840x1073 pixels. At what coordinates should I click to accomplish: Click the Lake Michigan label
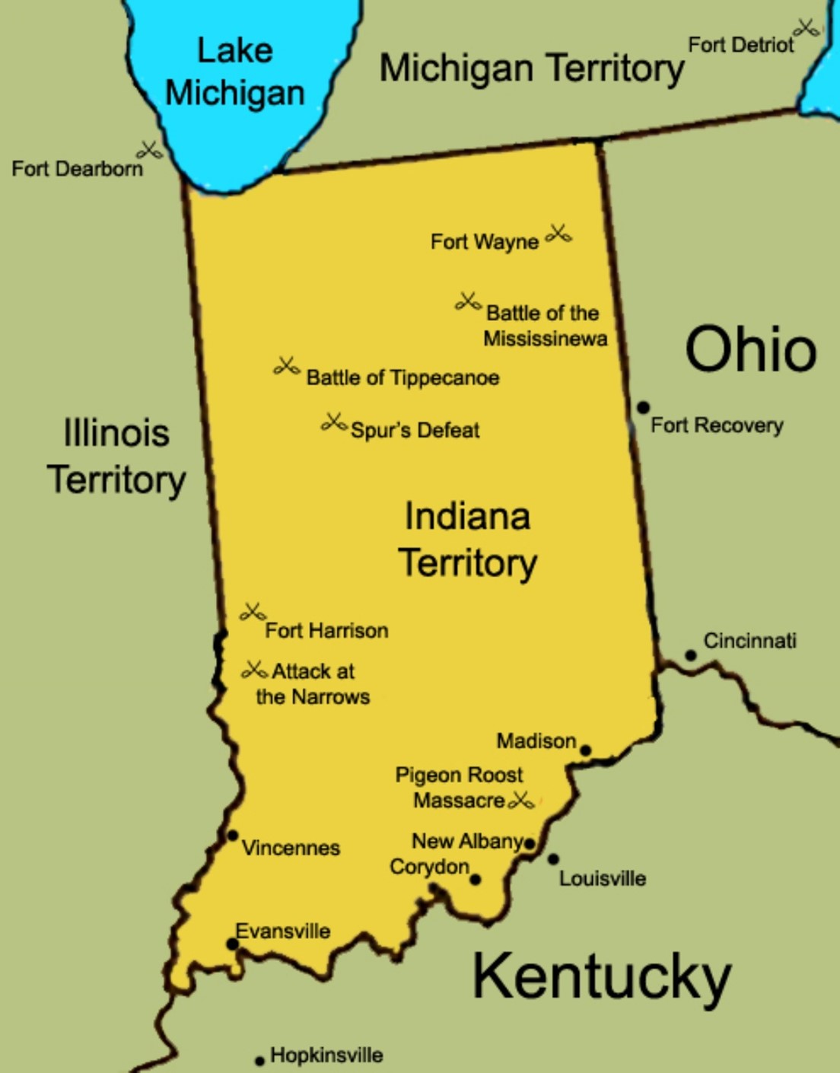click(x=235, y=72)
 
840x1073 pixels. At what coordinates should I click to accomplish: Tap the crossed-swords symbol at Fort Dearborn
click(x=150, y=150)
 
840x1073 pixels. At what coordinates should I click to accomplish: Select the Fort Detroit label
click(x=740, y=45)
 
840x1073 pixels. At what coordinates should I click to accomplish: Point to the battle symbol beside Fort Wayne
click(x=558, y=234)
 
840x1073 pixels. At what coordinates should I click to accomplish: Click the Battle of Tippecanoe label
click(x=402, y=377)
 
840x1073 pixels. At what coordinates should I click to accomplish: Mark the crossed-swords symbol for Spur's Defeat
click(x=334, y=422)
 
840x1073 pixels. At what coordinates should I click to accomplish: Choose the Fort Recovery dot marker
click(x=643, y=408)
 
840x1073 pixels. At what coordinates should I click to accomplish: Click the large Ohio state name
click(x=751, y=349)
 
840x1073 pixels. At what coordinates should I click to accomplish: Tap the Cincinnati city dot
click(x=690, y=655)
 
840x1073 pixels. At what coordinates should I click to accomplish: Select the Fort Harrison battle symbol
click(x=253, y=611)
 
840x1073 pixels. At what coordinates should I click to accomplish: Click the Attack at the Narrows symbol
click(x=254, y=670)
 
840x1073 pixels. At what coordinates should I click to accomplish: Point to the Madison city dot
click(x=585, y=750)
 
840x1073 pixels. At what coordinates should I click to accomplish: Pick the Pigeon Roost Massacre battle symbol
click(x=521, y=800)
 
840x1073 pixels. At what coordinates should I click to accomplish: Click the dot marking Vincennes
click(x=233, y=836)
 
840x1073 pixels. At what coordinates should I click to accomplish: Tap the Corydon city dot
click(x=476, y=880)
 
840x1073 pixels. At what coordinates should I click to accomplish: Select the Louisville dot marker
click(x=553, y=859)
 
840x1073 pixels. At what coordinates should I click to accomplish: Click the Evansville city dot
click(x=232, y=944)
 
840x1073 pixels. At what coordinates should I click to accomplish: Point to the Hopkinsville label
click(x=326, y=1055)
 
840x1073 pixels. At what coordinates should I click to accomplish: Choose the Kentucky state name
click(x=601, y=978)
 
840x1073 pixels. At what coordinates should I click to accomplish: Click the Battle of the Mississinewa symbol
click(x=468, y=301)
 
